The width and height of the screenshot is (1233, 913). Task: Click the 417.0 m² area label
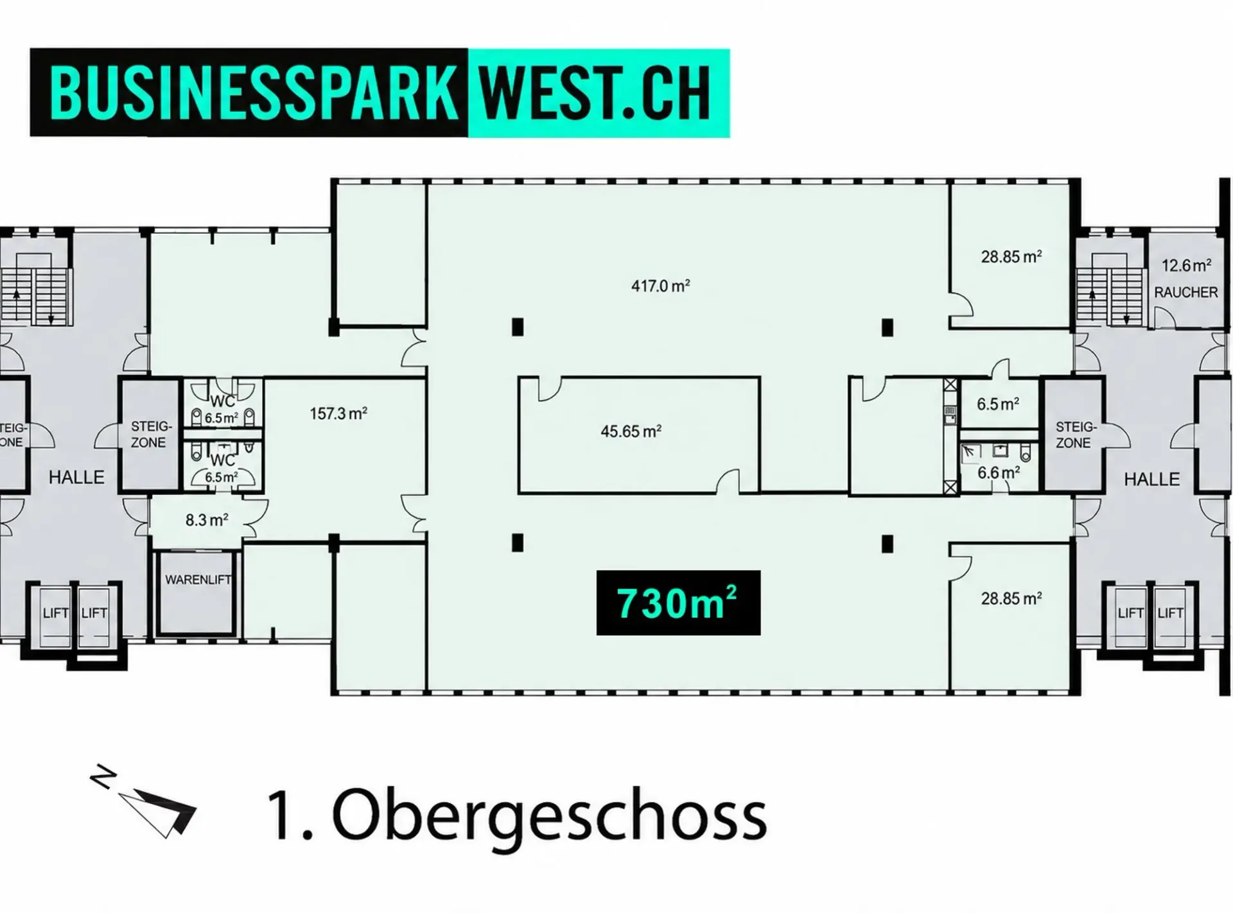click(660, 286)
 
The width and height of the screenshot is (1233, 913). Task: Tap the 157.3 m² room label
click(338, 413)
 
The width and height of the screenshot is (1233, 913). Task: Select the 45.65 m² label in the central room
click(631, 431)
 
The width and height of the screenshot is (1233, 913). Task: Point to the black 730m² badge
click(678, 603)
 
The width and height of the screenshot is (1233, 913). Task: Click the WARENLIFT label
click(198, 580)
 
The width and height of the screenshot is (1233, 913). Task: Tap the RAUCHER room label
click(1185, 292)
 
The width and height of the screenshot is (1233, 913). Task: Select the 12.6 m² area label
click(1186, 265)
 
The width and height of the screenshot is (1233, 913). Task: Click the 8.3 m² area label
click(207, 520)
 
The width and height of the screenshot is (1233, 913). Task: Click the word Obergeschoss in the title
click(549, 817)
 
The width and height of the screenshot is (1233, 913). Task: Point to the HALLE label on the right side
click(1151, 479)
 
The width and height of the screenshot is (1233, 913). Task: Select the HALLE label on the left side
click(76, 477)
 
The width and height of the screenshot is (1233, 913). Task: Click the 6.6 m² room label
click(999, 473)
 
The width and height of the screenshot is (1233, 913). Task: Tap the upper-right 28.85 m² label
click(1011, 257)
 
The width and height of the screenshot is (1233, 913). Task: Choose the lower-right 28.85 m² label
click(1011, 598)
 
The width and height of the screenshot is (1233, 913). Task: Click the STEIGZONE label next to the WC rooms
click(148, 435)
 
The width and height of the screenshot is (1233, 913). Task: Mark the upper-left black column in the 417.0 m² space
click(518, 327)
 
